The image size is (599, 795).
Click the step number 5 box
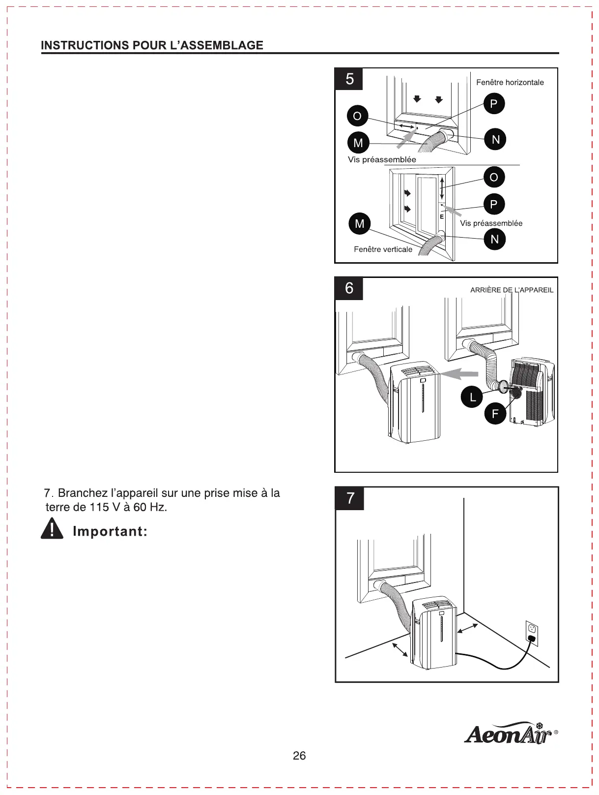click(x=349, y=79)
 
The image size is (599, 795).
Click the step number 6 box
click(x=349, y=288)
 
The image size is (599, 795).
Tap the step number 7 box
click(x=350, y=498)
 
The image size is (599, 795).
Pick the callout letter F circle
click(x=495, y=414)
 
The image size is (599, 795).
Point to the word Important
click(x=110, y=531)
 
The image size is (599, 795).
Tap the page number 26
click(x=299, y=756)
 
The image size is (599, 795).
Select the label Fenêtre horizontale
click(x=510, y=83)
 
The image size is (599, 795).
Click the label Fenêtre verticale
click(x=383, y=249)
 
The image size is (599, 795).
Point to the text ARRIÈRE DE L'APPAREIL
click(x=512, y=290)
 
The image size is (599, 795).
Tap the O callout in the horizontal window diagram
click(x=357, y=116)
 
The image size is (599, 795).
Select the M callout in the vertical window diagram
click(x=360, y=224)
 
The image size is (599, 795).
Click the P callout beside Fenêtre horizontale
click(x=494, y=104)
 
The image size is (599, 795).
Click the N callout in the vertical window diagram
click(x=494, y=240)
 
